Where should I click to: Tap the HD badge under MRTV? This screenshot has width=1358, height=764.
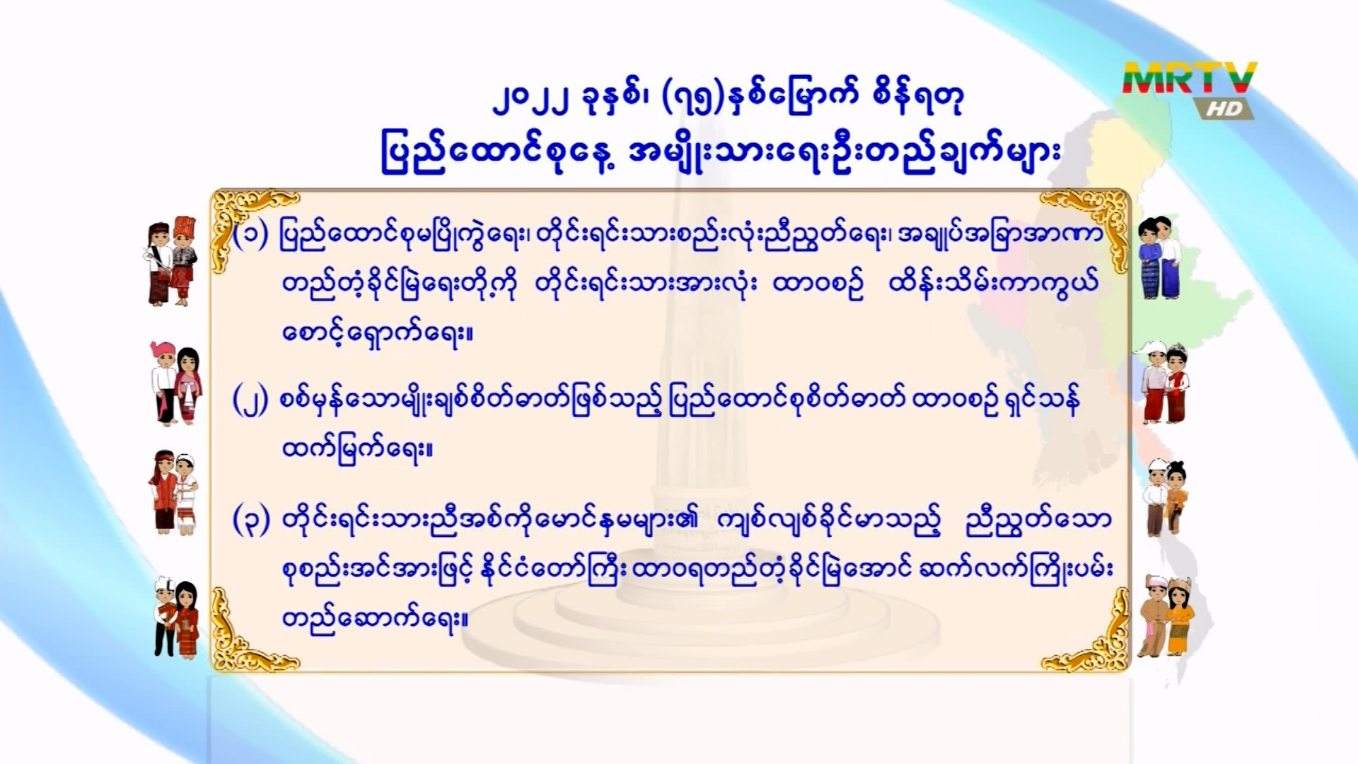[x=1224, y=108]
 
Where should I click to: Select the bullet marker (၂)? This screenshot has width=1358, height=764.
[x=250, y=400]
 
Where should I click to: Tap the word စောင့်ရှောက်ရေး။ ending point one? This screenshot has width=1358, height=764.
[x=377, y=332]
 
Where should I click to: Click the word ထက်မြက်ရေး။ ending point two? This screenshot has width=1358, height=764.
[x=357, y=448]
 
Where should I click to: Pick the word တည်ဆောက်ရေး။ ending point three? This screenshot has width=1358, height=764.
[x=375, y=618]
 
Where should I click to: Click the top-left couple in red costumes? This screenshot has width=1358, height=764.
[x=172, y=261]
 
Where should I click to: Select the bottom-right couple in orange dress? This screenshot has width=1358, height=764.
[x=1167, y=616]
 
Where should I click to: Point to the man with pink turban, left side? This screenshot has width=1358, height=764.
[x=166, y=383]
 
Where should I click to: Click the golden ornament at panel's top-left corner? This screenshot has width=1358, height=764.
[x=248, y=219]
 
